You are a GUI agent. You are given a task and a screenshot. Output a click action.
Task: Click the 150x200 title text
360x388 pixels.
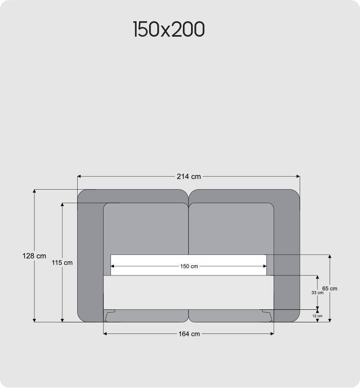pyautogui.click(x=169, y=29)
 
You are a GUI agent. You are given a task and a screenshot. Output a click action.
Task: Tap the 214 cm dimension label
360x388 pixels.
pyautogui.click(x=189, y=177)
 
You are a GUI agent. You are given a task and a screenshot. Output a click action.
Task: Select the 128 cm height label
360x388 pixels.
pyautogui.click(x=34, y=256)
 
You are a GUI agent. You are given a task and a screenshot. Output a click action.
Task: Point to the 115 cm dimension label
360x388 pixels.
pyautogui.click(x=62, y=263)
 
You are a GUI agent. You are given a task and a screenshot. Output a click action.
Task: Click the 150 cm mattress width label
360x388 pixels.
pyautogui.click(x=189, y=266)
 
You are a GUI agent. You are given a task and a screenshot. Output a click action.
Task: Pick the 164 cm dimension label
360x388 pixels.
pyautogui.click(x=189, y=334)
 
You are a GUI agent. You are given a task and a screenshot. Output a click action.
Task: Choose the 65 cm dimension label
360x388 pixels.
pyautogui.click(x=330, y=289)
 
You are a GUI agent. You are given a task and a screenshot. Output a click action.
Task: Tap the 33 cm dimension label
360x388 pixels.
pyautogui.click(x=317, y=293)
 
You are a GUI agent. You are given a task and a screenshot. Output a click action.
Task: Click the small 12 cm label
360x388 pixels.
pyautogui.click(x=317, y=316)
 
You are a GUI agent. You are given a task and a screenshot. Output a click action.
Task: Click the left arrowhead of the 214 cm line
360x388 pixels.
pyautogui.click(x=79, y=177)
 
